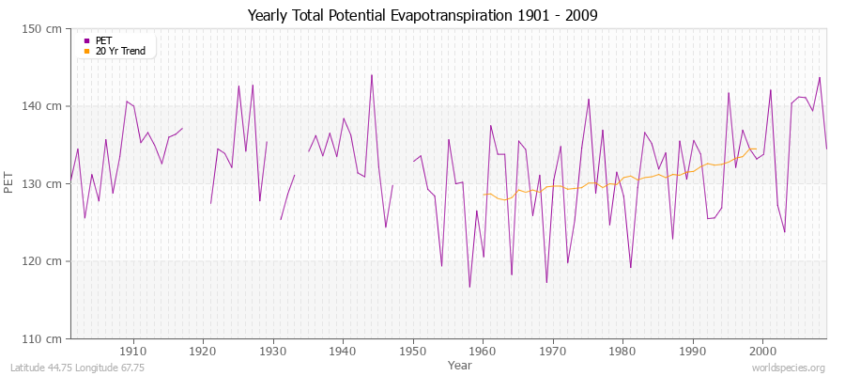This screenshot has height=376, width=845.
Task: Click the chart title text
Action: [422, 15]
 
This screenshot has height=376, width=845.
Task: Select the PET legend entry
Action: [103, 40]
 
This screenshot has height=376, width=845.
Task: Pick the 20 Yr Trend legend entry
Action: [119, 51]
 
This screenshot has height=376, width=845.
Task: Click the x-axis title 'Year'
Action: [460, 364]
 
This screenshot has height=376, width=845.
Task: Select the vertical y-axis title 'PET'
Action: [10, 183]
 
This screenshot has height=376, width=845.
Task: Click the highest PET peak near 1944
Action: [372, 75]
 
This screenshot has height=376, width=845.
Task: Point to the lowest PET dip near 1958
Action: [469, 287]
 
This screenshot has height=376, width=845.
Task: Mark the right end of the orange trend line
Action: [756, 149]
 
